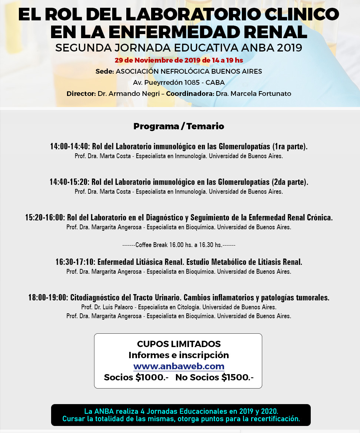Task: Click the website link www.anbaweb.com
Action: pos(179,366)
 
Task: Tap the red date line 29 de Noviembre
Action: pos(179,60)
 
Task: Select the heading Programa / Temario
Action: pos(179,126)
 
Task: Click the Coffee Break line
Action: pos(179,245)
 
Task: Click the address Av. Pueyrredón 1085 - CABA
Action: pos(179,83)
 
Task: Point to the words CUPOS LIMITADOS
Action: pos(179,344)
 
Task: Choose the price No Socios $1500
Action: pos(214,377)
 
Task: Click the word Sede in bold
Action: pos(104,71)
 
